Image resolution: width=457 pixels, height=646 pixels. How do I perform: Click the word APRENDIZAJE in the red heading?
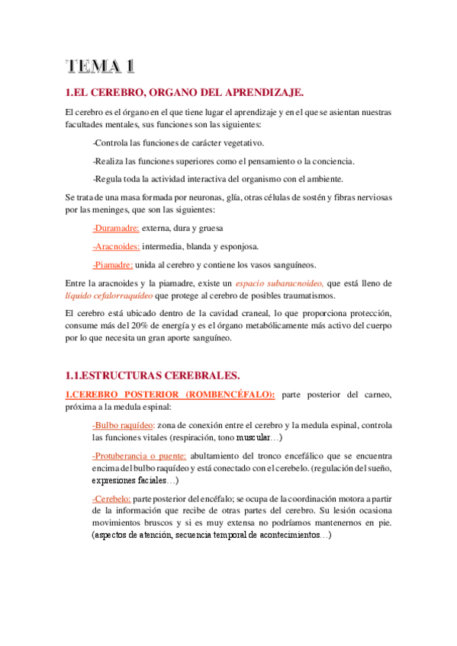pyautogui.click(x=259, y=93)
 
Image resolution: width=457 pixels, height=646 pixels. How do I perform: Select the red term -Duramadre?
pyautogui.click(x=115, y=228)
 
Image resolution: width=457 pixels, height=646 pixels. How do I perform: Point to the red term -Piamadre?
pyautogui.click(x=113, y=264)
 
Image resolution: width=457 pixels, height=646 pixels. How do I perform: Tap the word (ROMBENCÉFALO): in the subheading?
pyautogui.click(x=228, y=394)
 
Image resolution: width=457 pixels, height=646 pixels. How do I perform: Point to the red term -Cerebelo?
pyautogui.click(x=112, y=498)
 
